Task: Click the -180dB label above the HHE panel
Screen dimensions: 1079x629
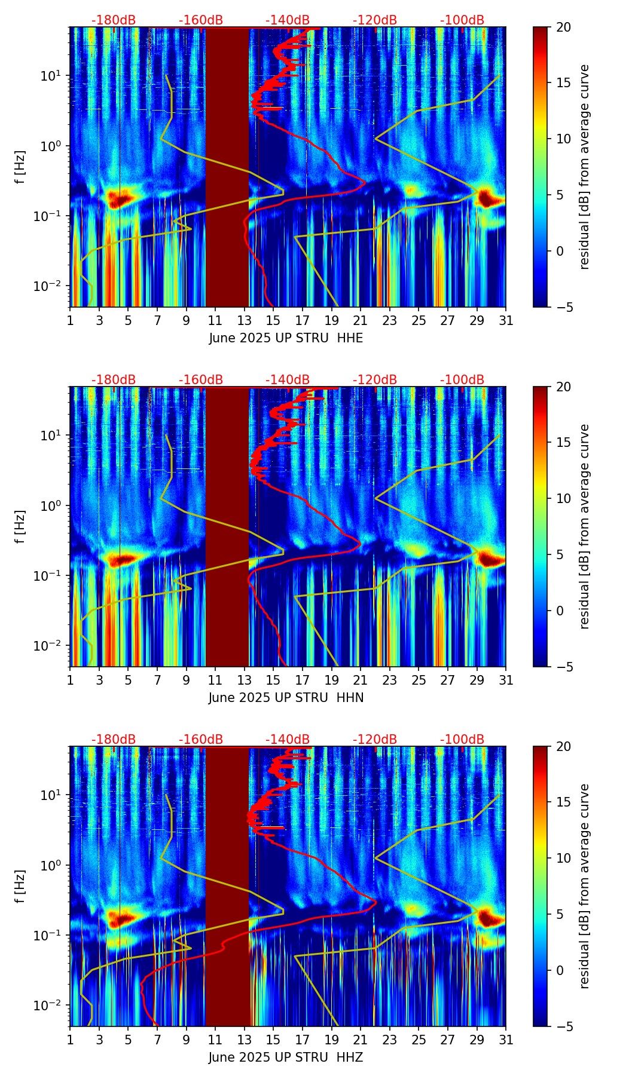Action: click(x=114, y=20)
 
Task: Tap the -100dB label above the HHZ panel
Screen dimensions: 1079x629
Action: click(x=462, y=740)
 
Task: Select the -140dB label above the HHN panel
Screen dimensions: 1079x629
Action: click(x=288, y=380)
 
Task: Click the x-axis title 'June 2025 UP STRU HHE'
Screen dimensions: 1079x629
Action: click(x=286, y=338)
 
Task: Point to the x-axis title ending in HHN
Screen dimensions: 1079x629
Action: click(x=286, y=698)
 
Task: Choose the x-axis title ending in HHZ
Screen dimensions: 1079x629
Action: click(x=286, y=1057)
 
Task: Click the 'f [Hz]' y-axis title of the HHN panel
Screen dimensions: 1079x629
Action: click(x=20, y=526)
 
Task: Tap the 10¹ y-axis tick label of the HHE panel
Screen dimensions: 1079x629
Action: click(x=49, y=76)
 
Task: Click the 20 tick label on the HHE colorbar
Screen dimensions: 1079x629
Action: click(x=564, y=27)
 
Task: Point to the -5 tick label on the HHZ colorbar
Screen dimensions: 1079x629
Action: click(x=562, y=1026)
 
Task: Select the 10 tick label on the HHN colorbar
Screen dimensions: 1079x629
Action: click(x=564, y=498)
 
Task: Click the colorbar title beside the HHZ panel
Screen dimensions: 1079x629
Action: click(x=584, y=886)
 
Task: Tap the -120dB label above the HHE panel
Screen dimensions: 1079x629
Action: click(x=375, y=20)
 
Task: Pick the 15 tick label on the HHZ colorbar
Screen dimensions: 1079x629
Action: click(x=564, y=802)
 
